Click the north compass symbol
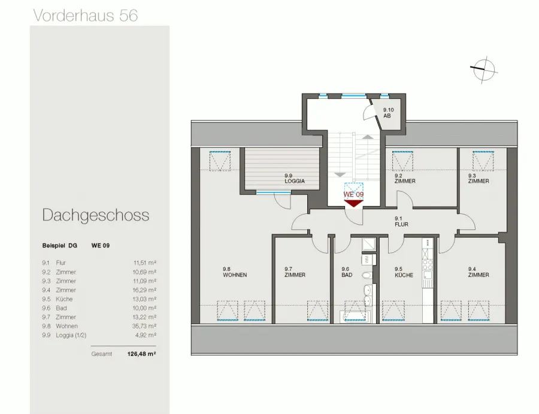point(484,69)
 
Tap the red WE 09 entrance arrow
point(353,204)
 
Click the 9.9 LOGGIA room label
point(295,179)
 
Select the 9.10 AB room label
point(388,113)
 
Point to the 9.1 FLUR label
point(401,222)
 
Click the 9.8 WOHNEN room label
point(235,272)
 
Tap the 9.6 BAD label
point(347,272)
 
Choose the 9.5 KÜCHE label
point(404,272)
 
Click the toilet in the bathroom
point(367,275)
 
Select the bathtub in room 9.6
point(354,317)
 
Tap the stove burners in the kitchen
point(428,264)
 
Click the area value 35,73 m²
point(144,326)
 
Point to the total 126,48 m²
point(141,354)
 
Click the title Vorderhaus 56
point(86,16)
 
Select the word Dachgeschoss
point(96,215)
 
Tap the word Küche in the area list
point(64,299)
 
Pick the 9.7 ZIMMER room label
point(295,272)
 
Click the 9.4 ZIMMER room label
point(479,272)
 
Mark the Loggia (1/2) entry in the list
point(71,336)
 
